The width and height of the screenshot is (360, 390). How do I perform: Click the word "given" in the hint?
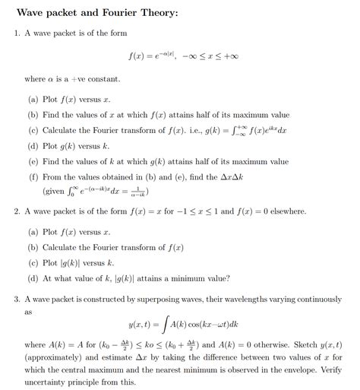(x=55, y=192)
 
